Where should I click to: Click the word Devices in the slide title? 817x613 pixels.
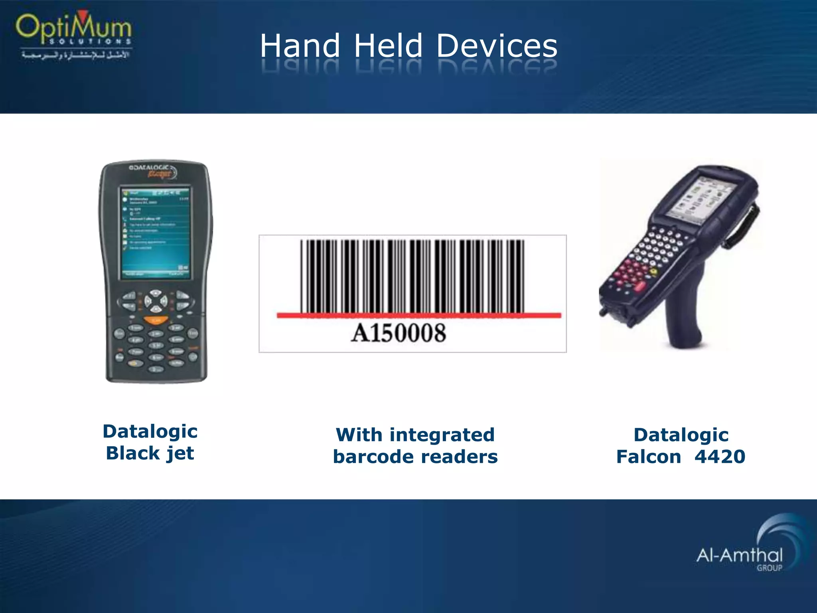pyautogui.click(x=497, y=46)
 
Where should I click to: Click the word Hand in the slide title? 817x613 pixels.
pyautogui.click(x=300, y=46)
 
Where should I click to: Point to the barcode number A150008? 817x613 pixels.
pyautogui.click(x=398, y=333)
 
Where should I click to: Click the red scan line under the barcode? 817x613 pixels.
pyautogui.click(x=419, y=316)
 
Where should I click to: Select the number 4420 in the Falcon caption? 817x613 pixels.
pyautogui.click(x=720, y=457)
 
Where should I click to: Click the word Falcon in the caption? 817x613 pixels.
pyautogui.click(x=649, y=457)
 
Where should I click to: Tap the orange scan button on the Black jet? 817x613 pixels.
pyautogui.click(x=156, y=320)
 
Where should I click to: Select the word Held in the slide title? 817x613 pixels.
pyautogui.click(x=388, y=46)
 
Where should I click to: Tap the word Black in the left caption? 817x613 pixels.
pyautogui.click(x=133, y=453)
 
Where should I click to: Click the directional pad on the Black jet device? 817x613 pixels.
pyautogui.click(x=156, y=301)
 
